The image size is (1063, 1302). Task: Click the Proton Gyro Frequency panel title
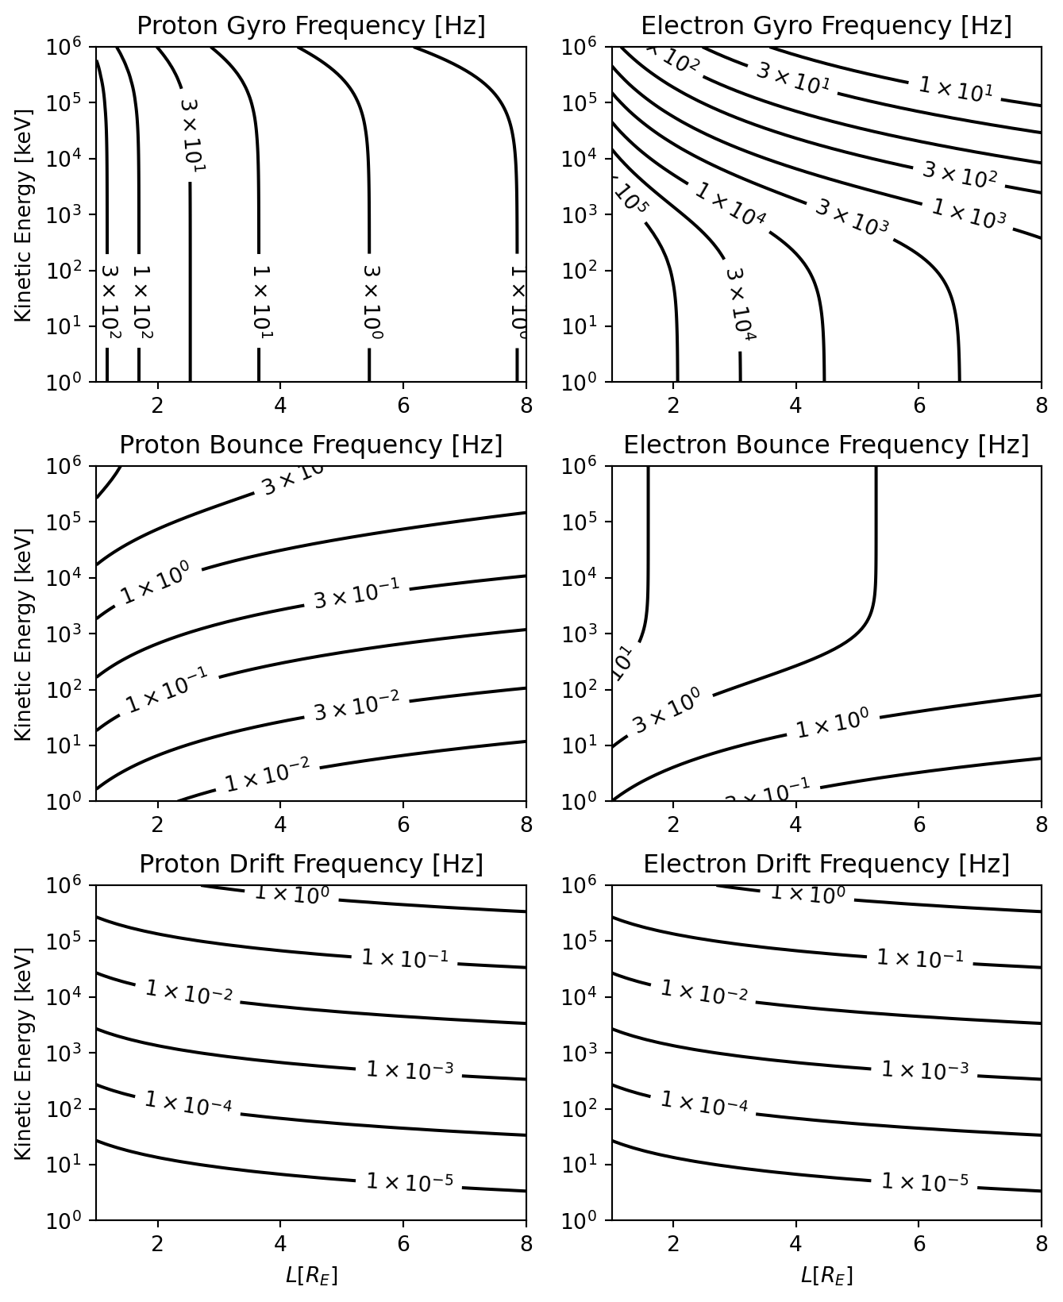coord(310,26)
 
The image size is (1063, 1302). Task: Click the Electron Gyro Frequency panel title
coord(826,26)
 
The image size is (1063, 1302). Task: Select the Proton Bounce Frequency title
coord(310,445)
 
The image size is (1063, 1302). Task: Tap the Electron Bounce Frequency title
coord(826,445)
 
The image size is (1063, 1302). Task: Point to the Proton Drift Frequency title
coord(310,864)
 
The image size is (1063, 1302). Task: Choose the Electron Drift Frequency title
coord(826,864)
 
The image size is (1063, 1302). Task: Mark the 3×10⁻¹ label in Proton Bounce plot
coord(356,595)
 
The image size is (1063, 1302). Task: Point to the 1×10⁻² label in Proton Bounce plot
coord(267,776)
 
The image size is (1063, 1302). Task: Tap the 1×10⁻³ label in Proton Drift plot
coord(410,1070)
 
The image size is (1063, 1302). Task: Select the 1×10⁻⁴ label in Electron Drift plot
coord(703,1103)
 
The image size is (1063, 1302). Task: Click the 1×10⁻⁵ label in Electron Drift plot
coord(925,1182)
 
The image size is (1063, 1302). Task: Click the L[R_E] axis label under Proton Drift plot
coord(310,1276)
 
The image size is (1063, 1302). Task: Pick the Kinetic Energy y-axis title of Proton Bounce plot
coord(23,633)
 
